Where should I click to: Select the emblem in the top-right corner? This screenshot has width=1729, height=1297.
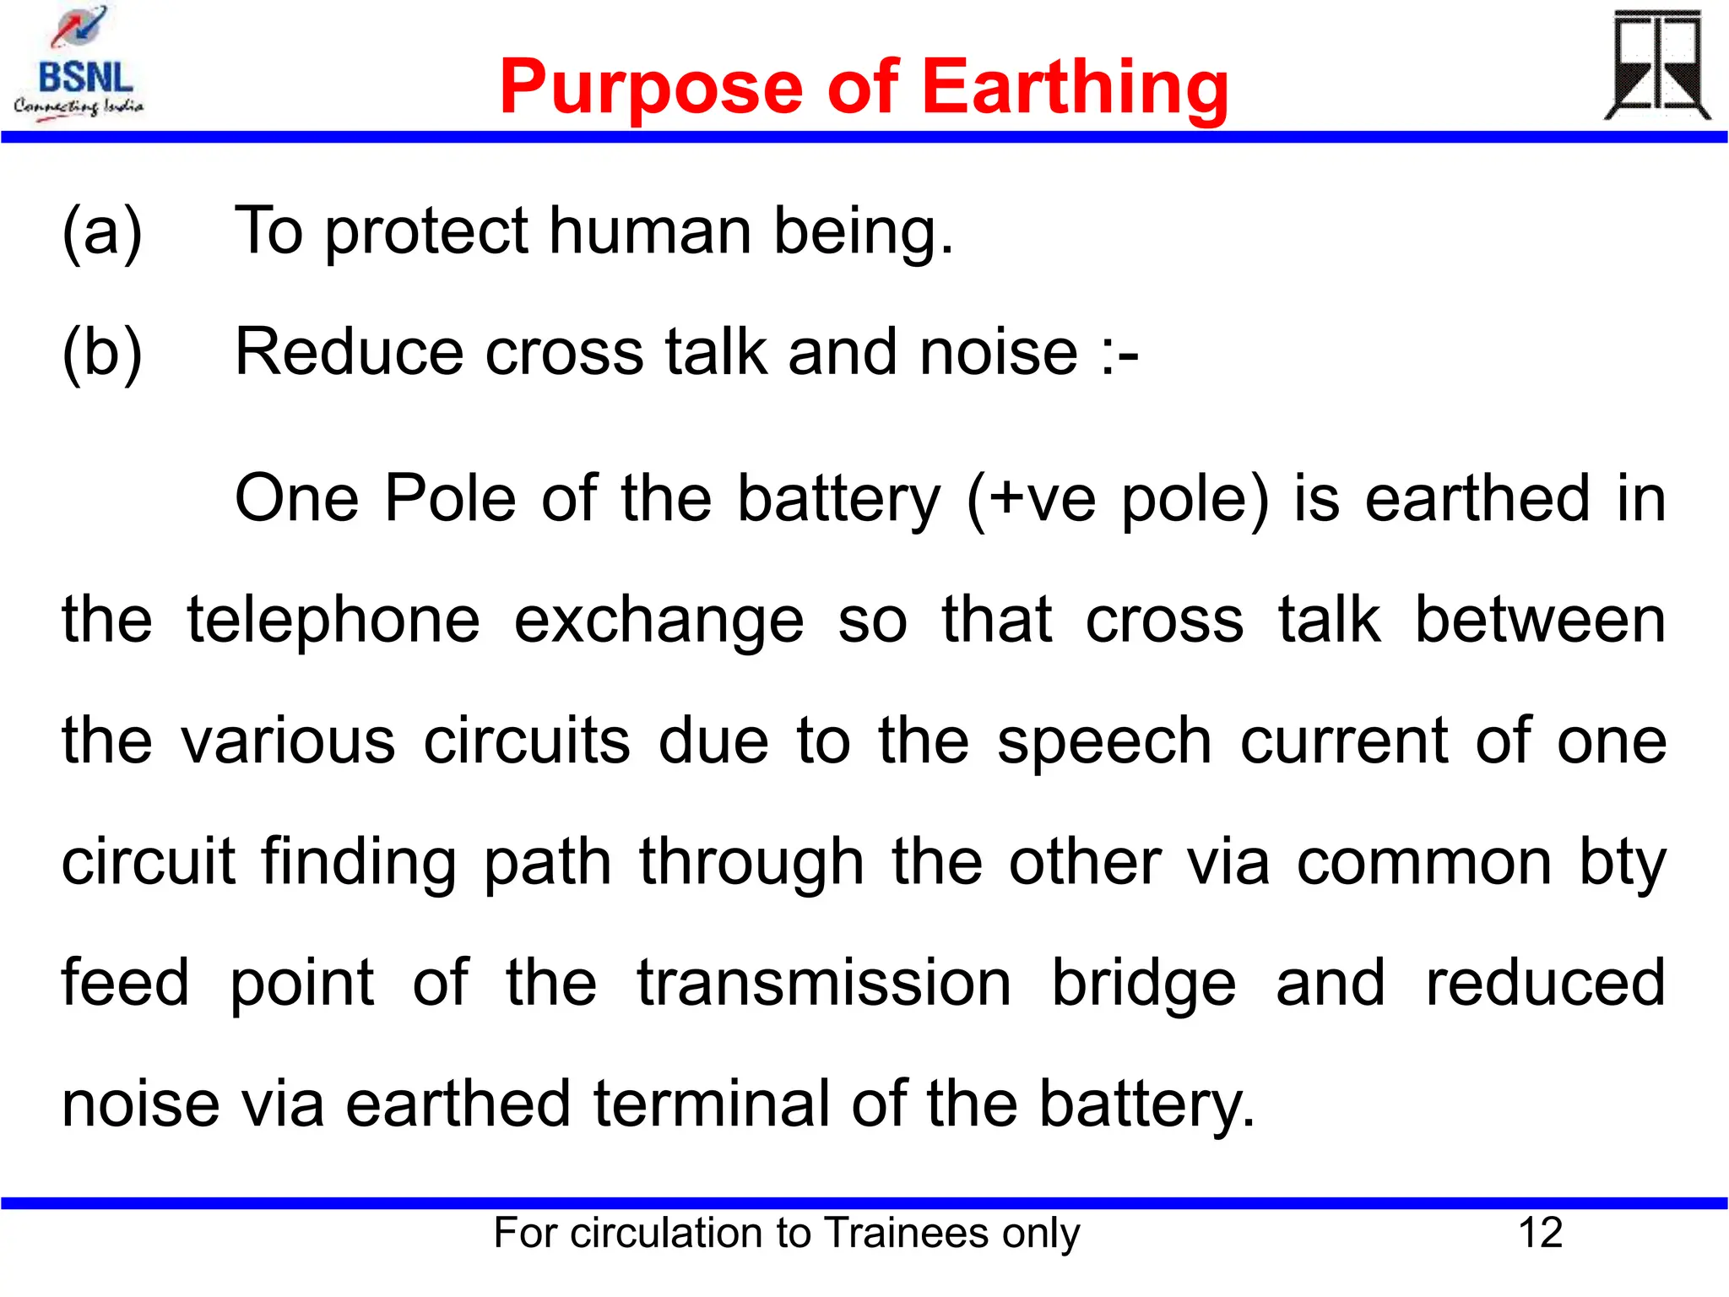(1656, 65)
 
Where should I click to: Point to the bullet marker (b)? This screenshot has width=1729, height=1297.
(102, 352)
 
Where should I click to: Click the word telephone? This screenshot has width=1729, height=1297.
(333, 620)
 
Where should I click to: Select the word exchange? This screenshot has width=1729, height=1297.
(659, 620)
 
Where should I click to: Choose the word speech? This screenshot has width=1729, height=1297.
(1104, 741)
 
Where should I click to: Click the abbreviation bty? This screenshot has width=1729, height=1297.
(1623, 863)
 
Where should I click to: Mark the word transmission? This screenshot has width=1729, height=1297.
(824, 983)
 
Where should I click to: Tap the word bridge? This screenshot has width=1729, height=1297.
(1144, 983)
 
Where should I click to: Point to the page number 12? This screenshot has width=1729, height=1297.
(1540, 1233)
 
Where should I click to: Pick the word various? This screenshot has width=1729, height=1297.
(289, 741)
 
